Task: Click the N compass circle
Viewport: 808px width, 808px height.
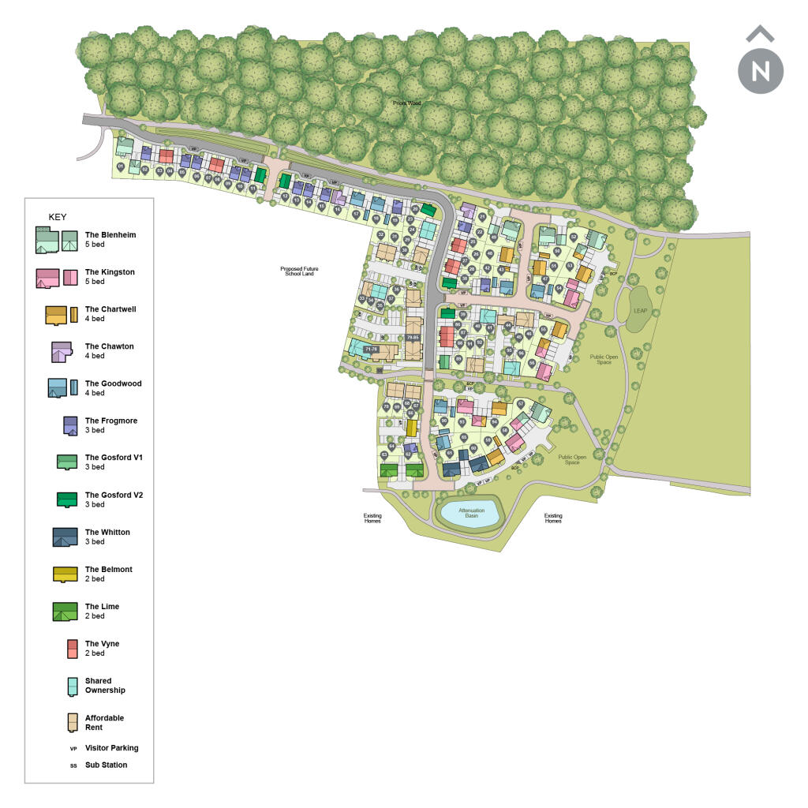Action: coord(761,70)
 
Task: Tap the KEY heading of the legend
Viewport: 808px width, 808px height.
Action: coord(58,217)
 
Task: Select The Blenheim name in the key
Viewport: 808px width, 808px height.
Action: coord(110,235)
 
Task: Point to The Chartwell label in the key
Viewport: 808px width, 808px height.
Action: coord(110,309)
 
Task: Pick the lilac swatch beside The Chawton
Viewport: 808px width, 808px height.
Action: coord(62,351)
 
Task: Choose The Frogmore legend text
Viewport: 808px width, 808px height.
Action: coord(111,421)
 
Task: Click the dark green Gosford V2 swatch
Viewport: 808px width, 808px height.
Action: coord(67,499)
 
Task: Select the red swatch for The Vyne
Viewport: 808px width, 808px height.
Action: coord(72,648)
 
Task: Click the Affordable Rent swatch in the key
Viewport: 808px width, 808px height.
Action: coord(73,722)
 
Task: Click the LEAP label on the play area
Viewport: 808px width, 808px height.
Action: coord(640,311)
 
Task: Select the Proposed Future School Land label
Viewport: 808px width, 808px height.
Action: coord(299,271)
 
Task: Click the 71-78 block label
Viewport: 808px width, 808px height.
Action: coord(371,348)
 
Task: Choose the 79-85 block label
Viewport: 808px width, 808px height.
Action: coord(413,338)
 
